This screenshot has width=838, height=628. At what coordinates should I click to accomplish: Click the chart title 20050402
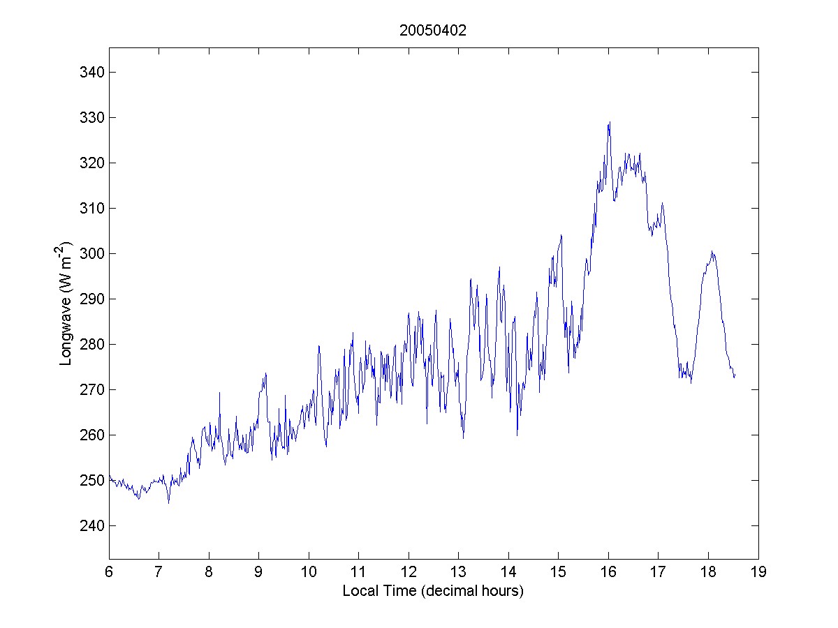click(433, 31)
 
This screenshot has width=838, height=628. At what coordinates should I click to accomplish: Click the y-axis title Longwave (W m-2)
click(66, 303)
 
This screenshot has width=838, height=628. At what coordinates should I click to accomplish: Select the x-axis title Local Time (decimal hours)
click(433, 591)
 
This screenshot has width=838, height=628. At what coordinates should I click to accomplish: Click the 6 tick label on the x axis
click(109, 573)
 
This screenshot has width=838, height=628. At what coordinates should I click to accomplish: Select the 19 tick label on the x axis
click(758, 573)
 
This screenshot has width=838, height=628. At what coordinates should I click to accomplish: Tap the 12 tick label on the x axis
click(409, 573)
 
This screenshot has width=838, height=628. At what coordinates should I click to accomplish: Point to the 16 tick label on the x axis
click(608, 573)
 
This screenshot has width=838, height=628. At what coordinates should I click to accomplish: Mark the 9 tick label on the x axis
click(259, 573)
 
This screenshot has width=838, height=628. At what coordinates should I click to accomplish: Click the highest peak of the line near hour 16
click(610, 123)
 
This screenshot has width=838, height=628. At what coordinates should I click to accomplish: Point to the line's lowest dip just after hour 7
click(168, 502)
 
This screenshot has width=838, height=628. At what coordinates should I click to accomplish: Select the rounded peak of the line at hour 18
click(712, 252)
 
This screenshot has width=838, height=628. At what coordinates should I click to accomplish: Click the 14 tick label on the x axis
click(508, 573)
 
